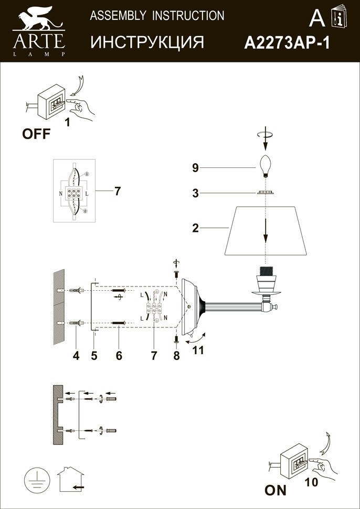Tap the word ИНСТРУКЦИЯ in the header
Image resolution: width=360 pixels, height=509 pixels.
pyautogui.click(x=147, y=43)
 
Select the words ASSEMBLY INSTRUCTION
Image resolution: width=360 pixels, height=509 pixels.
pyautogui.click(x=157, y=16)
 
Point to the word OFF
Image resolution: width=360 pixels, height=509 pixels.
pyautogui.click(x=36, y=134)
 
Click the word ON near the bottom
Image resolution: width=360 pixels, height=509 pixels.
pyautogui.click(x=276, y=491)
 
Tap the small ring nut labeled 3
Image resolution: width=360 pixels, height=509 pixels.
pyautogui.click(x=266, y=193)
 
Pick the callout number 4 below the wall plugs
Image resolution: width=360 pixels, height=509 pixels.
pyautogui.click(x=76, y=356)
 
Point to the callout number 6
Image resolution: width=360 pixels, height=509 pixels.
pyautogui.click(x=119, y=356)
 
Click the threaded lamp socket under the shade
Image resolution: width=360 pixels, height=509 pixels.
pyautogui.click(x=266, y=277)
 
